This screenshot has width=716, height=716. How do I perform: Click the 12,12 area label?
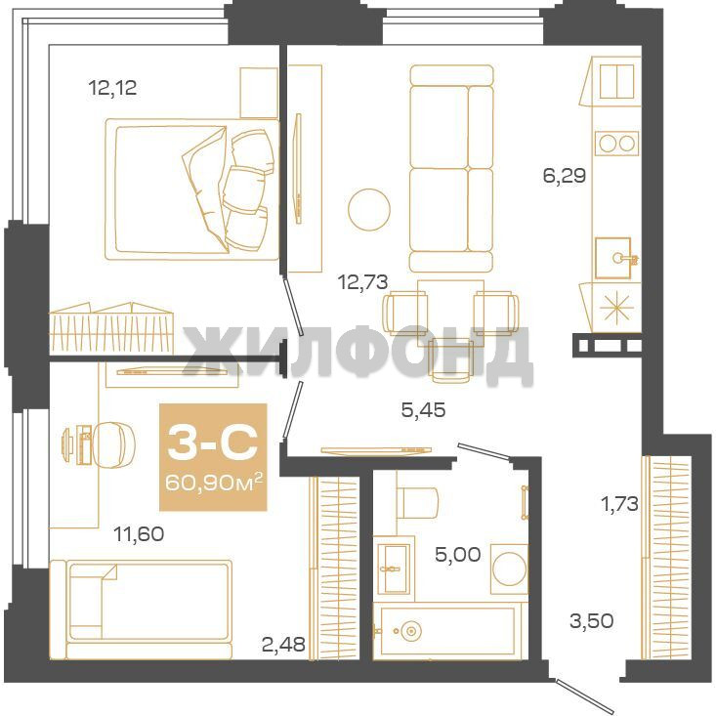(x=112, y=87)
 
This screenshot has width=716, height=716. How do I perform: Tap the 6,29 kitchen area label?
(x=564, y=175)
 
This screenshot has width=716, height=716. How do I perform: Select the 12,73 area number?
(x=363, y=281)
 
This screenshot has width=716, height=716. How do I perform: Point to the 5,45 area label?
(x=423, y=409)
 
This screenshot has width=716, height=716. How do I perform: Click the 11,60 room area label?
(x=139, y=533)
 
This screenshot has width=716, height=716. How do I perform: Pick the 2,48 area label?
(x=283, y=645)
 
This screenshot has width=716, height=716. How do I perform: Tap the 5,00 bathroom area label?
(x=457, y=555)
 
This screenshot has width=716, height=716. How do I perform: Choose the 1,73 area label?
(x=619, y=504)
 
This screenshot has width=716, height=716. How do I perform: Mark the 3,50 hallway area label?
(x=591, y=620)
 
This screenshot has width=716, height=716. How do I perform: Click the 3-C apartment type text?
(x=213, y=442)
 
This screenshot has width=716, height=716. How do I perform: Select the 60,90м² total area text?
(x=213, y=482)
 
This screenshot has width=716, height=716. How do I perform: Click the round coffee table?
(x=369, y=210)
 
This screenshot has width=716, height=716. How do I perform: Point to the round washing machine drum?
(x=509, y=569)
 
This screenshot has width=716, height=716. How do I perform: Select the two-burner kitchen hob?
(x=616, y=144)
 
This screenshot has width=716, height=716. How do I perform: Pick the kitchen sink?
(x=612, y=258)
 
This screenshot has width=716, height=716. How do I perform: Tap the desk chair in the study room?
(x=114, y=444)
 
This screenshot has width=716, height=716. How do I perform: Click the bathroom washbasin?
(x=392, y=569)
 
